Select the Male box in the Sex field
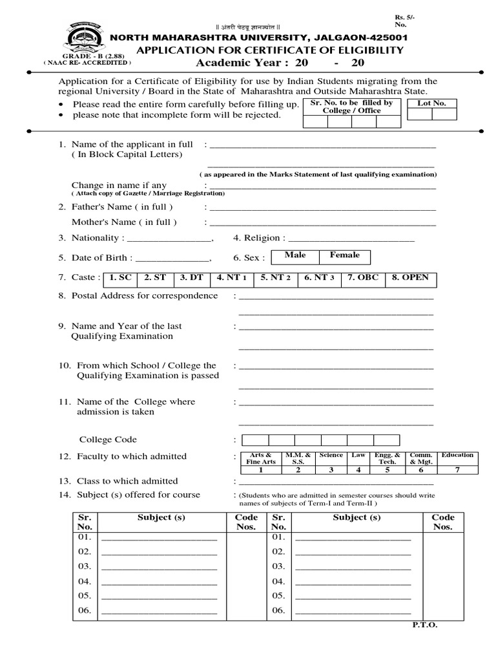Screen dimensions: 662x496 click(x=294, y=256)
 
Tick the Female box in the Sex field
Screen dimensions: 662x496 click(x=344, y=256)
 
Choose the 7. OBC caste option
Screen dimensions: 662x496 click(x=363, y=279)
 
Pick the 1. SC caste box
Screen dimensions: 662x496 click(x=121, y=279)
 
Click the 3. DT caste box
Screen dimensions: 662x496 click(x=192, y=279)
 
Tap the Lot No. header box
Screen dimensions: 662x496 click(x=431, y=103)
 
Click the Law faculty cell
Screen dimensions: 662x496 click(x=358, y=455)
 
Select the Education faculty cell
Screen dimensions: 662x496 click(x=457, y=455)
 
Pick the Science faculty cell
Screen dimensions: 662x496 click(x=331, y=455)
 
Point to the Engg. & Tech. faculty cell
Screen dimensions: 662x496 click(x=387, y=458)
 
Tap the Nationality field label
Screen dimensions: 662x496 click(x=95, y=238)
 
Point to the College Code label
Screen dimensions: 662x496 click(x=108, y=440)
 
